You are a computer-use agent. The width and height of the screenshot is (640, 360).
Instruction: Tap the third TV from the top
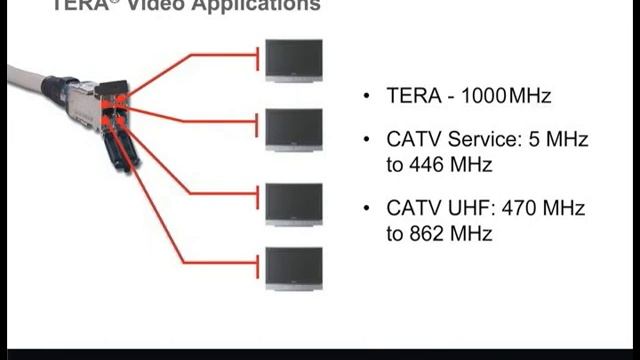[x=294, y=202]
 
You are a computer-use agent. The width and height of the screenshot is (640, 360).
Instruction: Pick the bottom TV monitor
[x=294, y=267]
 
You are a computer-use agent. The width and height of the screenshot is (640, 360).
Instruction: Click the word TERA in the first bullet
[x=411, y=96]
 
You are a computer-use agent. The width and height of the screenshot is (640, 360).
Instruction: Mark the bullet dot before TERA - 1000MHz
[x=367, y=97]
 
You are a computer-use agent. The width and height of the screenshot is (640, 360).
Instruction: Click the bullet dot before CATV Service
[x=367, y=141]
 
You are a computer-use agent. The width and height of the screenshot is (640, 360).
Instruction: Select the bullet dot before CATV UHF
[x=367, y=210]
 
